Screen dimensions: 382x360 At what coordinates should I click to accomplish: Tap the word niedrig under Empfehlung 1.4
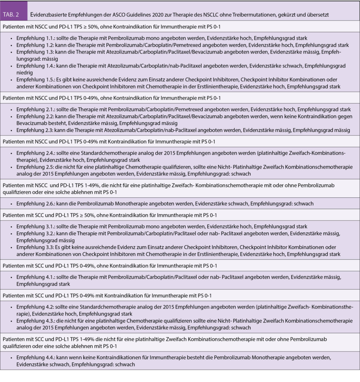[24, 72]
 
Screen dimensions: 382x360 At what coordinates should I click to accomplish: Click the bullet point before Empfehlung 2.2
[12, 116]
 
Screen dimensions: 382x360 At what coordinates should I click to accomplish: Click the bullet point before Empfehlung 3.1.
[12, 227]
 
